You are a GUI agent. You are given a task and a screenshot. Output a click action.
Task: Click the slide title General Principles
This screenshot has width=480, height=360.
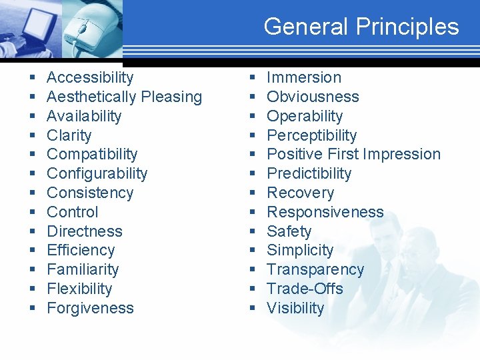(361, 27)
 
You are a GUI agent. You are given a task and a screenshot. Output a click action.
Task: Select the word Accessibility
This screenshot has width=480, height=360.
(90, 78)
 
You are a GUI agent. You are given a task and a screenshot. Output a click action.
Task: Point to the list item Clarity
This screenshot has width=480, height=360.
(69, 135)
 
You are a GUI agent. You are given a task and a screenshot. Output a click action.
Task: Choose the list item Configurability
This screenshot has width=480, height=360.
(97, 174)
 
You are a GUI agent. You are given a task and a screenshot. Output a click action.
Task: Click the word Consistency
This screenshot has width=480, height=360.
(90, 193)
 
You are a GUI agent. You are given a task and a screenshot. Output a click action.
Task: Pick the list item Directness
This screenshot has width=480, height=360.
(85, 231)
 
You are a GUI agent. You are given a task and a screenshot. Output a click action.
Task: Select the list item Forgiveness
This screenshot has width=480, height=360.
(90, 308)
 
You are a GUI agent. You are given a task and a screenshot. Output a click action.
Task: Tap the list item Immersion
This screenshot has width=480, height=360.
(303, 78)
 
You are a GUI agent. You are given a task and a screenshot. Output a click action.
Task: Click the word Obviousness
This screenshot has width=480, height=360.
(313, 97)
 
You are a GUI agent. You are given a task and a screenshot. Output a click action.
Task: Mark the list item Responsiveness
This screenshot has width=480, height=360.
(325, 213)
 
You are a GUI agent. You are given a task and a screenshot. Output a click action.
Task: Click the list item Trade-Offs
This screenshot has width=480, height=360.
(305, 289)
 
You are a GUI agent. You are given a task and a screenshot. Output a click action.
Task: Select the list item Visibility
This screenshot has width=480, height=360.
(295, 308)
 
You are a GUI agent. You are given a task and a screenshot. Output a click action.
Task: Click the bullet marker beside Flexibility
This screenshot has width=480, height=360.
(33, 289)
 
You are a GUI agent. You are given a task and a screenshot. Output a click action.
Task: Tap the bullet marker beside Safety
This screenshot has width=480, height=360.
(253, 232)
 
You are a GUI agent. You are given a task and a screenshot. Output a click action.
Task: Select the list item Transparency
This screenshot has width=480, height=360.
(315, 270)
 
